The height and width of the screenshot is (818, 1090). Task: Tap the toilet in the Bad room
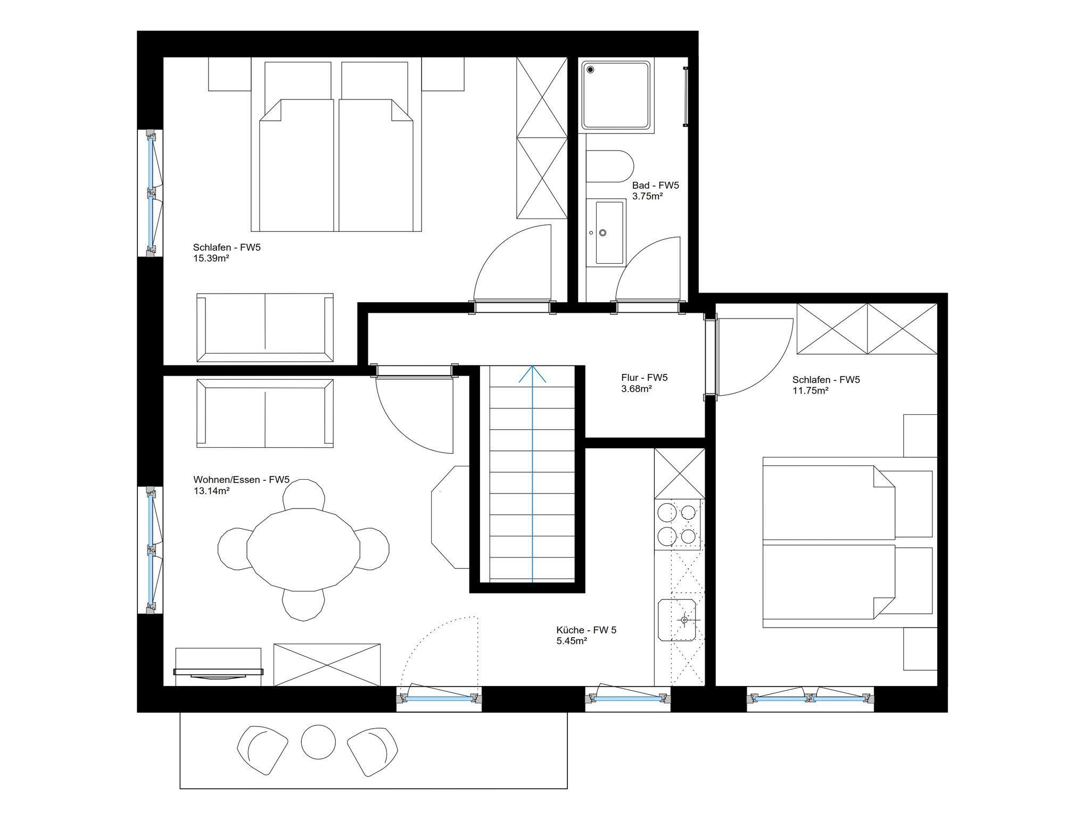610,166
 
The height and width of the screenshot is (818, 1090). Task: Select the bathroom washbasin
606,232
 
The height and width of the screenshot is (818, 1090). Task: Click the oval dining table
303,549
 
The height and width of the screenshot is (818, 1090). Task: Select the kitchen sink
677,620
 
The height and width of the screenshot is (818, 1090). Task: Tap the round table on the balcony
318,741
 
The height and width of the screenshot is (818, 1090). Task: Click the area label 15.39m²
211,258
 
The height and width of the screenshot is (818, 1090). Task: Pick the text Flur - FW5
644,378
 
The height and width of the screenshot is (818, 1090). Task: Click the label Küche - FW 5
587,630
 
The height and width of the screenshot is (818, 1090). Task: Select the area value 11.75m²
810,390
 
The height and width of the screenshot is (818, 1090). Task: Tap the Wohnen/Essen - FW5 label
241,480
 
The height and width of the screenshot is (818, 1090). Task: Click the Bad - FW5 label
656,186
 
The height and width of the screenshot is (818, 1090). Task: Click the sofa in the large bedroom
265,328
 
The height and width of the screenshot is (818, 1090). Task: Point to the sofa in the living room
265,413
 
